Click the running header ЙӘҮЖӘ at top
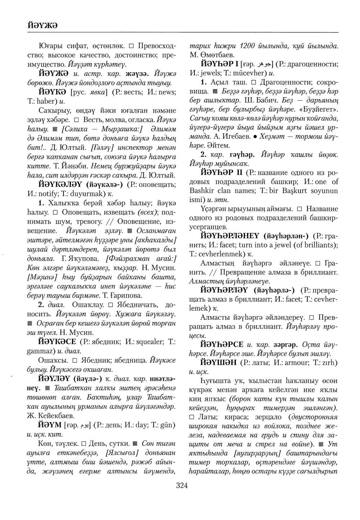43,25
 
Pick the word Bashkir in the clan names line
203,190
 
